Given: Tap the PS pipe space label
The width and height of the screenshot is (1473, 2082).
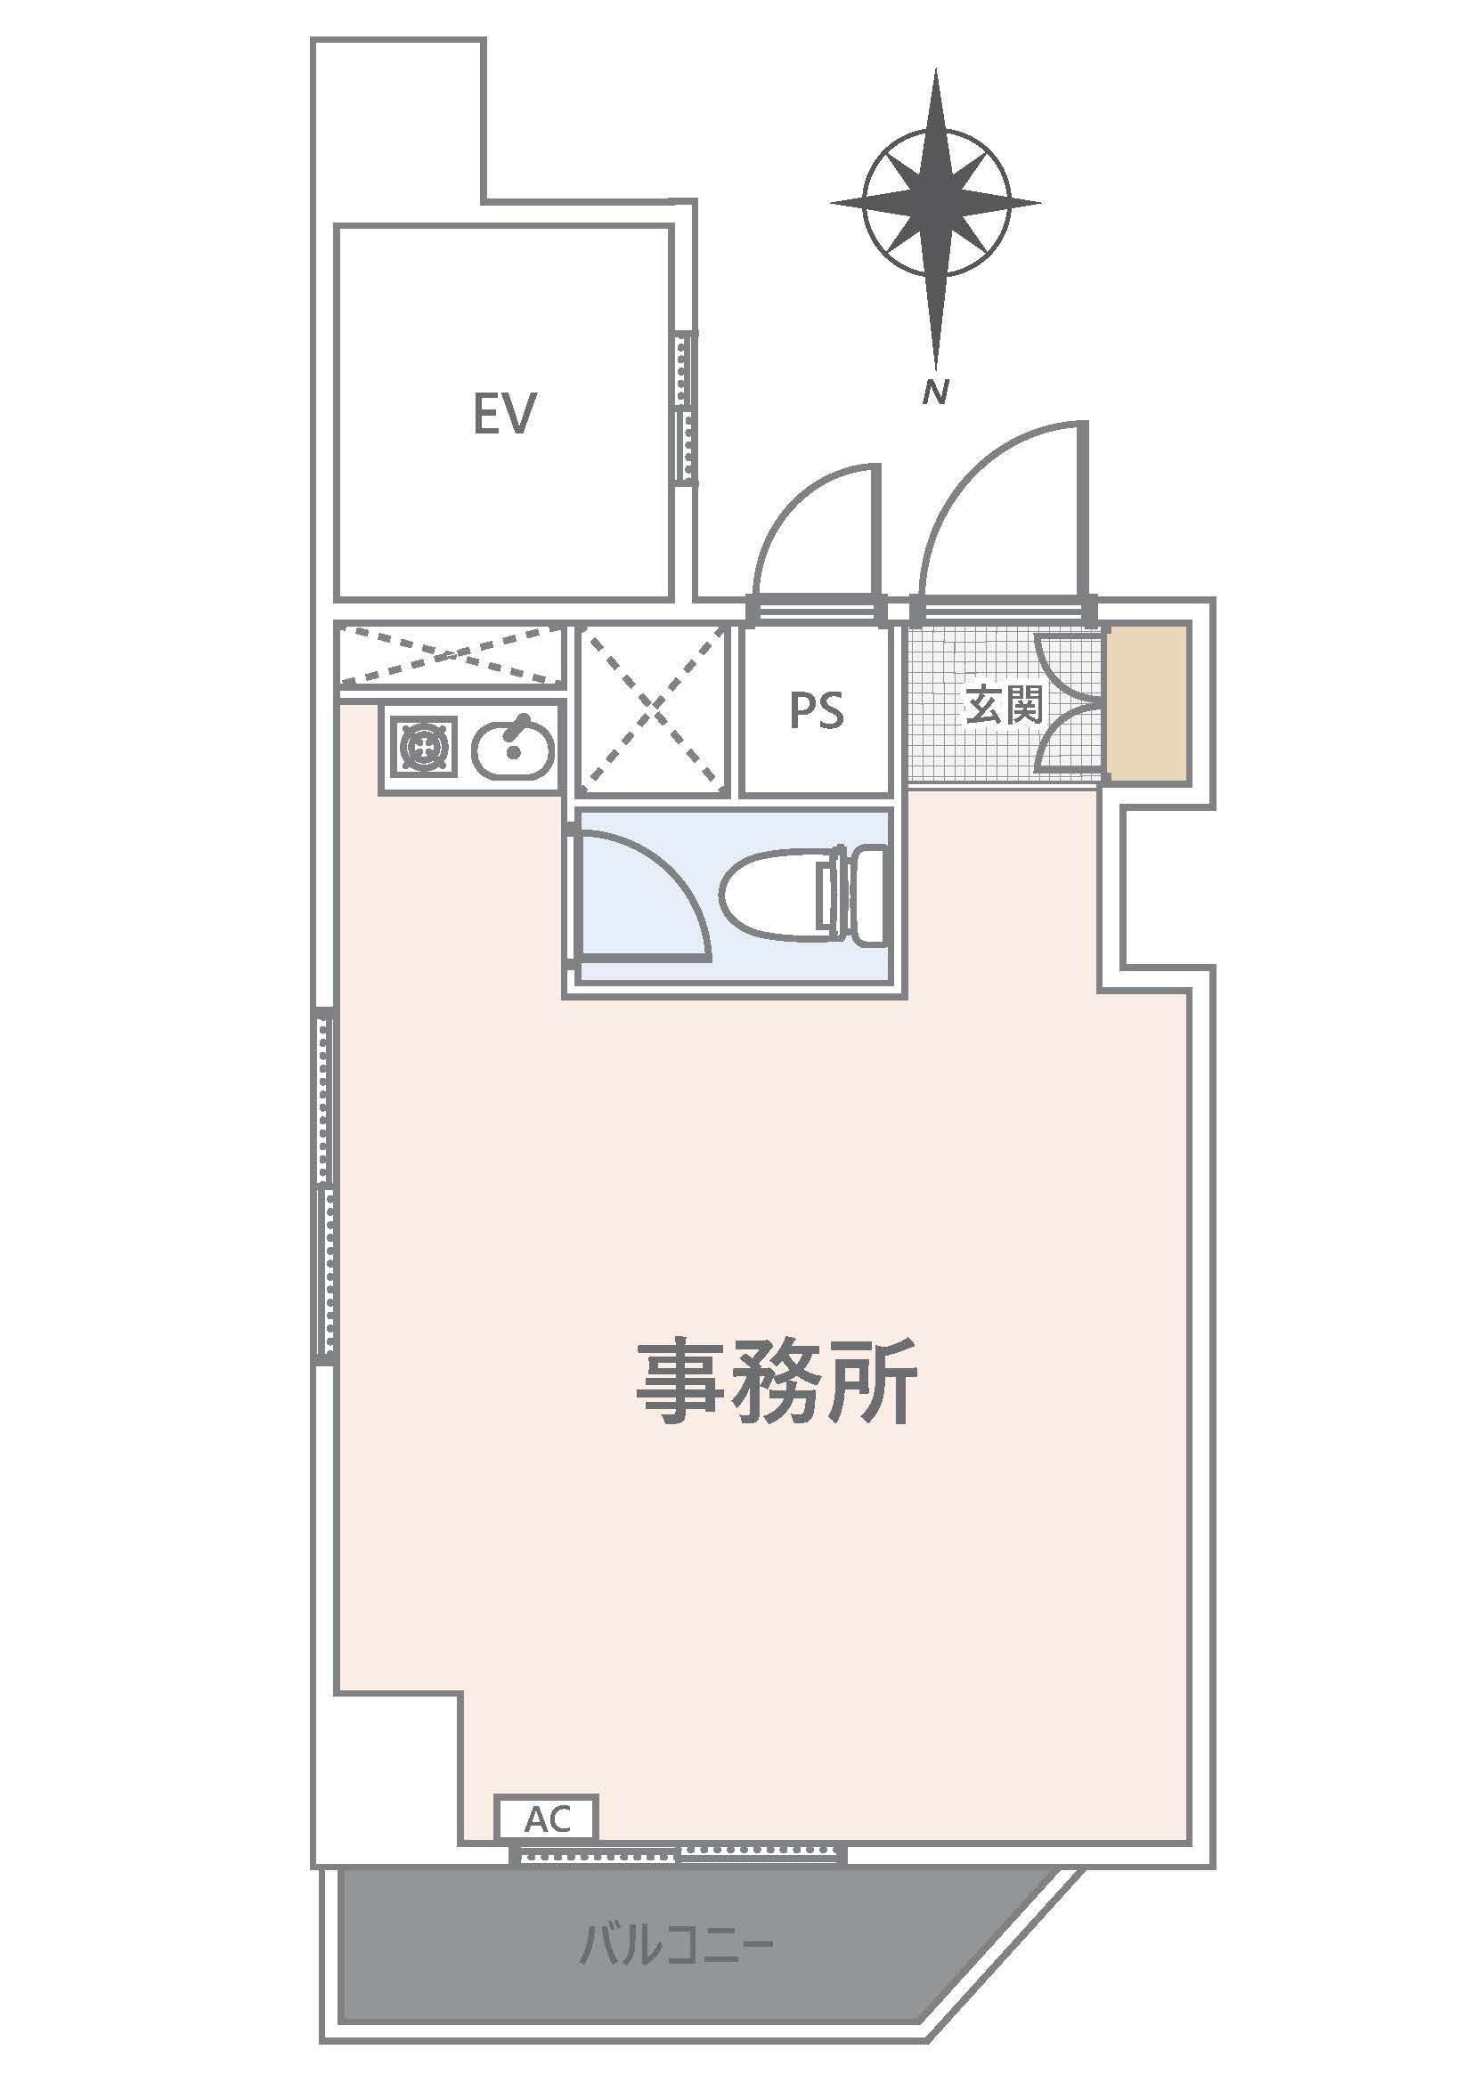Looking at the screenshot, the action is tap(817, 710).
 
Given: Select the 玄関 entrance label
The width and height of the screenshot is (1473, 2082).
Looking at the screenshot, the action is tap(1004, 705).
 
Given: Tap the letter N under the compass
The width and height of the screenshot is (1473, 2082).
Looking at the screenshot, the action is tap(935, 392).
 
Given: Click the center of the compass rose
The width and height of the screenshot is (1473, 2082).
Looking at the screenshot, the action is tap(936, 204).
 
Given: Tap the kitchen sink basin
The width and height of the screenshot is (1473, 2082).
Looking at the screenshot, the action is tap(512, 748).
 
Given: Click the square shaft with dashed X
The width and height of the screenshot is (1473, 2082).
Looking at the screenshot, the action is tap(654, 708).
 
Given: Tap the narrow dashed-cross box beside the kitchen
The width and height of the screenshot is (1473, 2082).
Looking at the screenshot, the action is tap(450, 652).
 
